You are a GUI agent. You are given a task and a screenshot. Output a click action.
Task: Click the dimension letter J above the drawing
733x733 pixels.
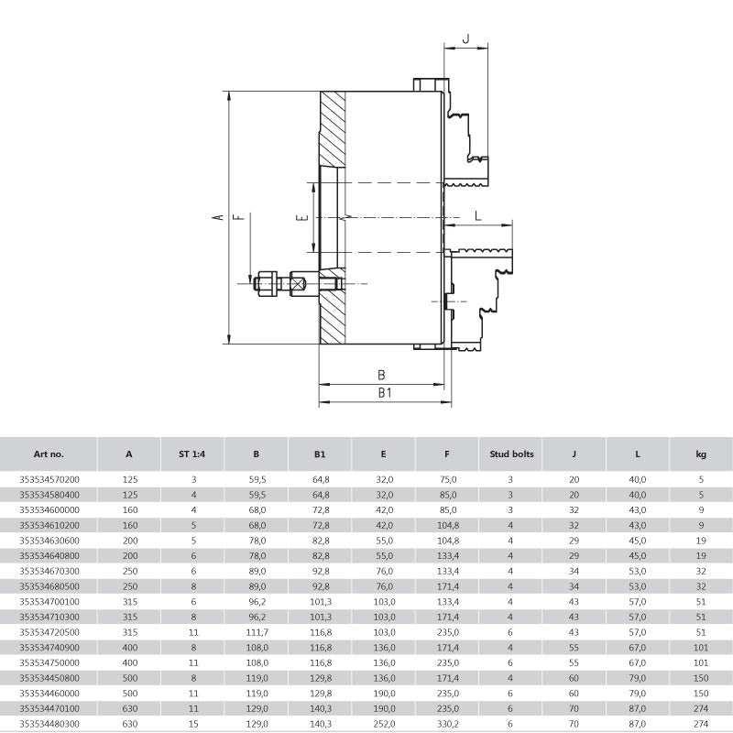pos(465,38)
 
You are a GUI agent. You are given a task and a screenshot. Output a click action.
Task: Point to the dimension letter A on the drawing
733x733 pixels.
pos(218,217)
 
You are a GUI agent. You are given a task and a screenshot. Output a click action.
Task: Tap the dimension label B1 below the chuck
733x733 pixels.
pos(385,393)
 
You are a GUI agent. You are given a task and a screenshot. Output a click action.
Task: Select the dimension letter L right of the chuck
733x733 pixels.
pos(477,215)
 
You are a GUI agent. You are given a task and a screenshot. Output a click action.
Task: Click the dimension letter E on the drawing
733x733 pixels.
pos(303,217)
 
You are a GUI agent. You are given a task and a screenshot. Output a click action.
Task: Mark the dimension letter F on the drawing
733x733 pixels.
pos(239,217)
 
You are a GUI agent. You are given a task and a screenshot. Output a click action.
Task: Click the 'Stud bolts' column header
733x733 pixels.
pos(511,454)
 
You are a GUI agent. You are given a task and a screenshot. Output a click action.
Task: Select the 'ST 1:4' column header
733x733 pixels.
pos(192,454)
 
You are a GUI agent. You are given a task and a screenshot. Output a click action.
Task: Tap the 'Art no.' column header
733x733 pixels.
pos(49,454)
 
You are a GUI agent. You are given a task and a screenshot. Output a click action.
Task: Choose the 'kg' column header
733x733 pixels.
pos(701,454)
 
